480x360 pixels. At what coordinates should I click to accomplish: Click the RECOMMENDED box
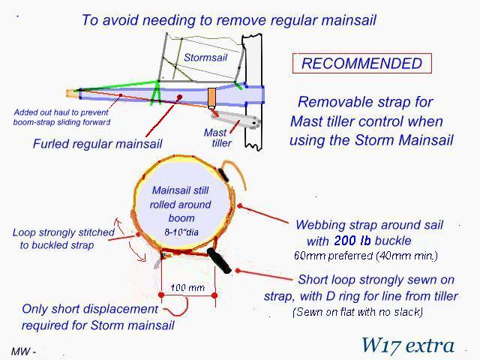[361, 63]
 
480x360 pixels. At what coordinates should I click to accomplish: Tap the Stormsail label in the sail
[205, 57]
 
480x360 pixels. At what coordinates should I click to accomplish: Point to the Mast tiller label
[218, 138]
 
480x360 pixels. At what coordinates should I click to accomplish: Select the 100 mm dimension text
[187, 288]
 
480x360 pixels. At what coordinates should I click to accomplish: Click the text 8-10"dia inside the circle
[181, 232]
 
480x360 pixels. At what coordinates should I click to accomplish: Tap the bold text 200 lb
[352, 241]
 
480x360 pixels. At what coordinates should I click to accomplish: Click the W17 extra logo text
[408, 345]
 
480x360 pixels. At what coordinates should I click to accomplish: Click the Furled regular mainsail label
[97, 143]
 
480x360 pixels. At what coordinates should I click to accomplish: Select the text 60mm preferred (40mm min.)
[366, 256]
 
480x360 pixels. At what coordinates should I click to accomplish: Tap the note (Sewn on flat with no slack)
[358, 312]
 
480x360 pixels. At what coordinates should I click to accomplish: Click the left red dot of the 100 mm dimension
[161, 295]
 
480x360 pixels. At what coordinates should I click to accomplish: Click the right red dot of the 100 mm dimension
[214, 295]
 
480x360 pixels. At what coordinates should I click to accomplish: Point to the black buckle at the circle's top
[223, 175]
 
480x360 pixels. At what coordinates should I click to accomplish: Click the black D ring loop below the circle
[219, 260]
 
